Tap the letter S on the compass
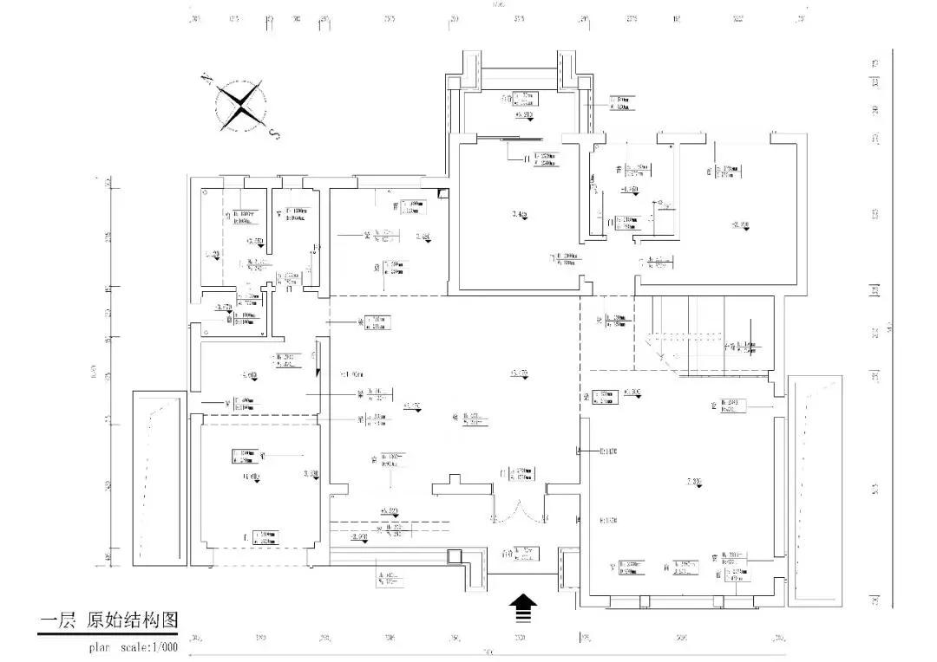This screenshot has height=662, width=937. (274, 134)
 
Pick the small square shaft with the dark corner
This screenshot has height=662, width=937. (442, 193)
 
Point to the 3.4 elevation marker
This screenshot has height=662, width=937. (521, 215)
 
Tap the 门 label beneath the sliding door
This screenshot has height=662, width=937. (526, 159)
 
